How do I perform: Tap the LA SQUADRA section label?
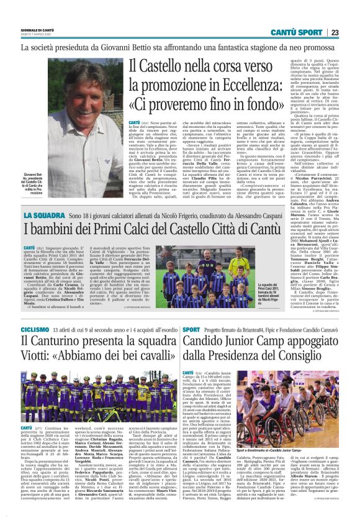pyautogui.click(x=43, y=215)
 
